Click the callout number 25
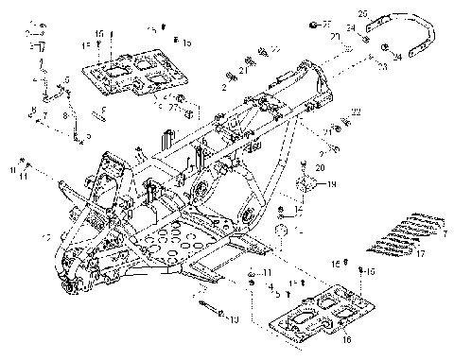click(x=361, y=14)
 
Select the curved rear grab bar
click(x=407, y=33)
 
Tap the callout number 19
click(x=332, y=186)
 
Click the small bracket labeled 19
click(x=309, y=181)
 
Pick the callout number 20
click(x=320, y=167)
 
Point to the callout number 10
click(x=234, y=321)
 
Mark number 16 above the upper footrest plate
click(x=100, y=34)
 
